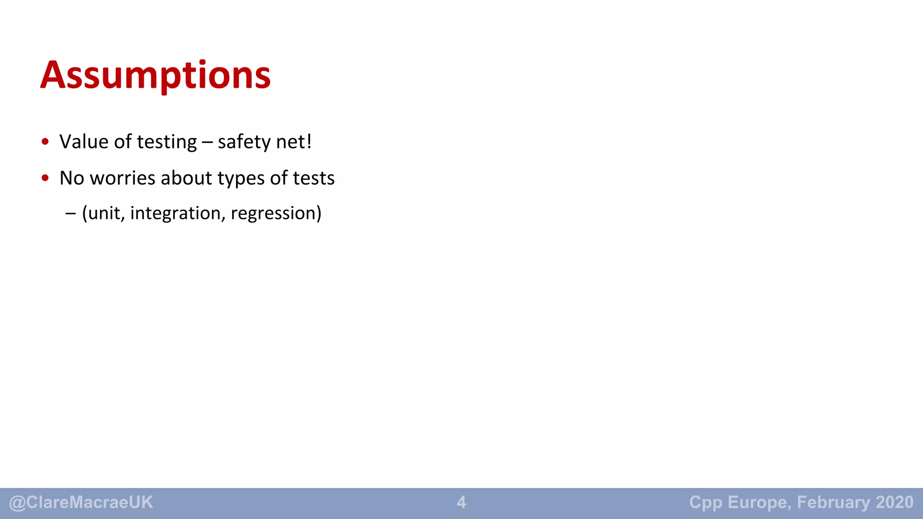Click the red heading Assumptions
(155, 75)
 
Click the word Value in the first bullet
(84, 142)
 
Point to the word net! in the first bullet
(294, 142)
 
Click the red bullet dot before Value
(45, 142)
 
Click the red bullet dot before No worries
(45, 178)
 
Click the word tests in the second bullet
(314, 178)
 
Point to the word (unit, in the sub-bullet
(103, 214)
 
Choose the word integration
(178, 214)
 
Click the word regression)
(276, 214)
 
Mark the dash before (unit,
(70, 214)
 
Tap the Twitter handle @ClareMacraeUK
(81, 502)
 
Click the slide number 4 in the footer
(461, 502)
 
